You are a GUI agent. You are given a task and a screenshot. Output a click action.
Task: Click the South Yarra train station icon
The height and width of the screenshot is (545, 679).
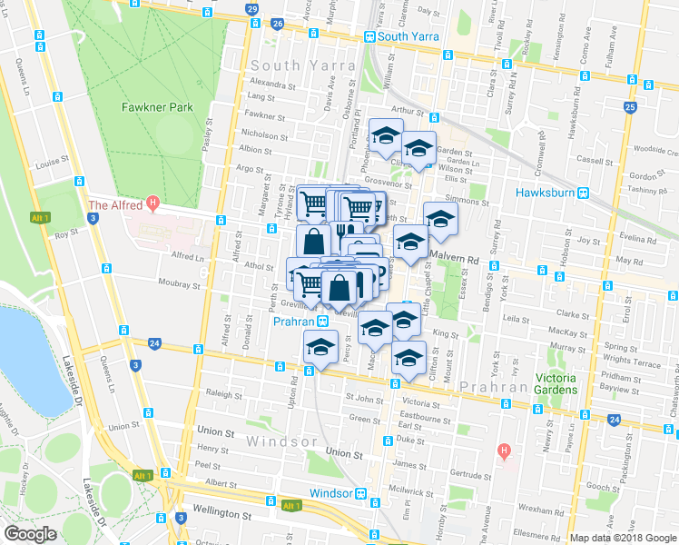coord(369,36)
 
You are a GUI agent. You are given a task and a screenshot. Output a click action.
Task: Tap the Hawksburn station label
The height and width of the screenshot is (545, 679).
coord(548,193)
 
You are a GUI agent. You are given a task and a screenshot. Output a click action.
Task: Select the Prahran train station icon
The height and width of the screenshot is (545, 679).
coord(322,322)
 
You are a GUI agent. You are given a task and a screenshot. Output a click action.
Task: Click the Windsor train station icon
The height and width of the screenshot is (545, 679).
coord(361,493)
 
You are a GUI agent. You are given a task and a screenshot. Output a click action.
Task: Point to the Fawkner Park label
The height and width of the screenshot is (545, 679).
coord(158,107)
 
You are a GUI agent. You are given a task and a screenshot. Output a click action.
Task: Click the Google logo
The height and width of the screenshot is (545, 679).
coord(30,533)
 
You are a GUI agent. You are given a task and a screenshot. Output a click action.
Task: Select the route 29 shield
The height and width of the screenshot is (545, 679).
coord(251,10)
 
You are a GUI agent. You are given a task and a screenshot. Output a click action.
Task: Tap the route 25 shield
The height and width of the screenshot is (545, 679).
coord(630,107)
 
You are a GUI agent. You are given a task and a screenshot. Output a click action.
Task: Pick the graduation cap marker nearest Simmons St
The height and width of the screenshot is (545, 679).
coord(441,219)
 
